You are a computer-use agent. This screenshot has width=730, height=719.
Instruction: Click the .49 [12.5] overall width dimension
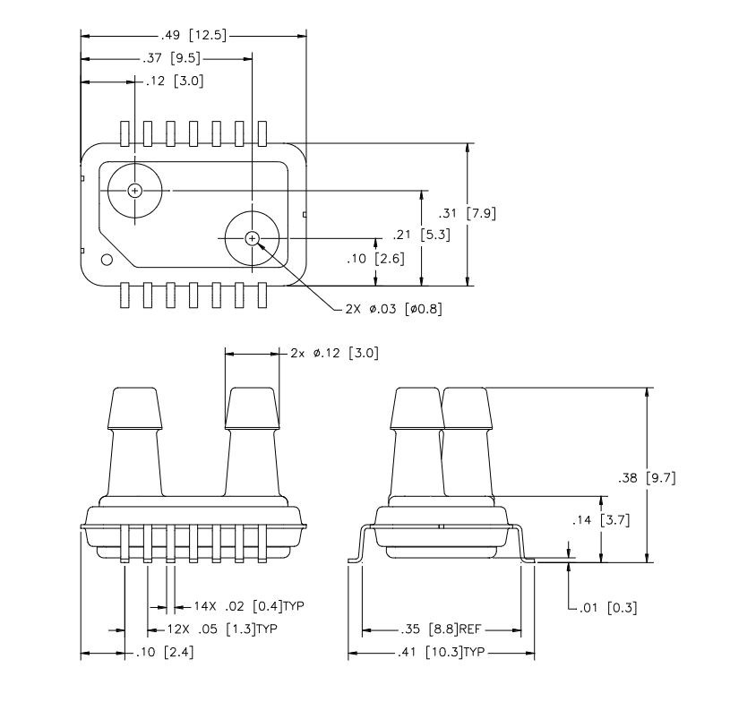[x=194, y=36]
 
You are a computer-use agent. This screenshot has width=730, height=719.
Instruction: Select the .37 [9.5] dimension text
[x=170, y=58]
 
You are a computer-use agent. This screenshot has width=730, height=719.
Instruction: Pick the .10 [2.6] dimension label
[x=376, y=259]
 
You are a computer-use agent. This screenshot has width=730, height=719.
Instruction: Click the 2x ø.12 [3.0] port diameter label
[x=334, y=353]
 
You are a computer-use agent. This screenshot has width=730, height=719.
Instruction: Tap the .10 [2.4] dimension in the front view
[x=164, y=653]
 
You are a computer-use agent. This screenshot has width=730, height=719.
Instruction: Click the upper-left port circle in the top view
[x=134, y=190]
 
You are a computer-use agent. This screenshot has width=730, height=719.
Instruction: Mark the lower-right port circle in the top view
[x=252, y=237]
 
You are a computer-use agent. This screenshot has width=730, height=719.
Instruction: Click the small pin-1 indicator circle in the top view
[x=107, y=261]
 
